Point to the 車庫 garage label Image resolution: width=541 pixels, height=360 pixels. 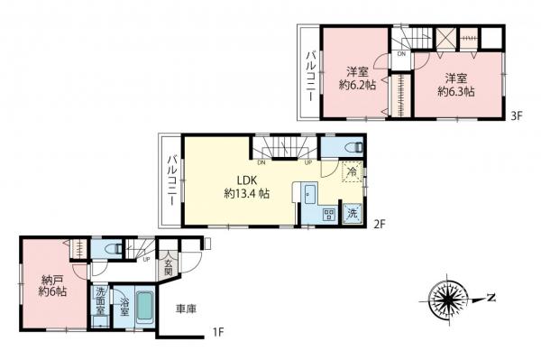[187, 309]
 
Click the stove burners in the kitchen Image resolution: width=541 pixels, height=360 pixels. [329, 215]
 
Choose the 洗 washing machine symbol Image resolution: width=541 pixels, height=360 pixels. [353, 215]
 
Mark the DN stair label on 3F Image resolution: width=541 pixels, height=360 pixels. [400, 52]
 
